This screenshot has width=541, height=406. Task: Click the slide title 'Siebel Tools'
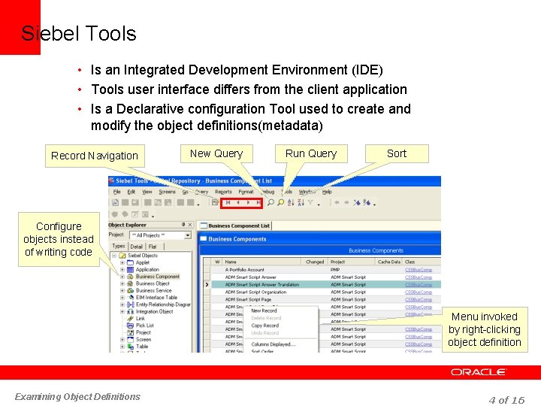[79, 34]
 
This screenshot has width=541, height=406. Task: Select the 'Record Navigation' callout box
[94, 156]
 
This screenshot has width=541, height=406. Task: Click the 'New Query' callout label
[216, 153]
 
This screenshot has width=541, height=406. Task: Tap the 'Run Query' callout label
[311, 153]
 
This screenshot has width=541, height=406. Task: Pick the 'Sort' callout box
[397, 153]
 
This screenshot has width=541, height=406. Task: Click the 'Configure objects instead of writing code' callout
[59, 239]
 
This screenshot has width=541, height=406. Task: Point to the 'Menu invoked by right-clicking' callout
[484, 329]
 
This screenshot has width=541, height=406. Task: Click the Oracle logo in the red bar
[479, 372]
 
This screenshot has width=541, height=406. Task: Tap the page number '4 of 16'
[506, 399]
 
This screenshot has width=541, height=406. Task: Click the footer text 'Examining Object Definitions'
[77, 397]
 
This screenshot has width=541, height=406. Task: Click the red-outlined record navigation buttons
[243, 202]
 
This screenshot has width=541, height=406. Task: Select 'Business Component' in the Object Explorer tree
[157, 277]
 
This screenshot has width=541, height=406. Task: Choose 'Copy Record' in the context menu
[264, 326]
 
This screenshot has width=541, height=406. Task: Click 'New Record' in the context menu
[264, 311]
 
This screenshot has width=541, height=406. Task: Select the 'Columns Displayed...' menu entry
[273, 344]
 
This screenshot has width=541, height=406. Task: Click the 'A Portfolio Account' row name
[245, 269]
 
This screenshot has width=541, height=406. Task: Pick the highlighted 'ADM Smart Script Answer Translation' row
[261, 285]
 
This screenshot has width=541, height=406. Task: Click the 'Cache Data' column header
[389, 262]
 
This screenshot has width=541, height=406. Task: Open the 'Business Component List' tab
[238, 226]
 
